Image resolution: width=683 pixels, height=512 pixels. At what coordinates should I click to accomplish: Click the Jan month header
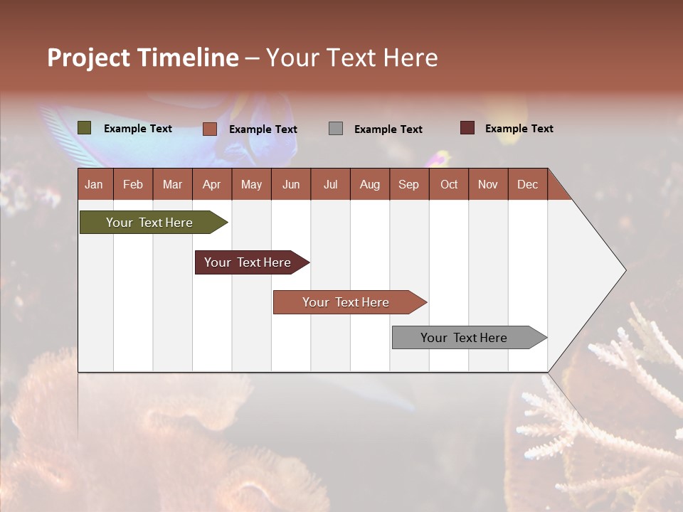pyautogui.click(x=95, y=184)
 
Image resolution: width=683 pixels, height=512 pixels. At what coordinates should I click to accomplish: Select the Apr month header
pyautogui.click(x=212, y=184)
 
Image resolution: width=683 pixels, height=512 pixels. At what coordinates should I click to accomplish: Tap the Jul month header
pyautogui.click(x=330, y=184)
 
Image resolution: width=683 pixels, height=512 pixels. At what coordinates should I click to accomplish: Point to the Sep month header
pyautogui.click(x=409, y=184)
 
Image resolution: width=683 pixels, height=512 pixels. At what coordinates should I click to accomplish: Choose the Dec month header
pyautogui.click(x=527, y=184)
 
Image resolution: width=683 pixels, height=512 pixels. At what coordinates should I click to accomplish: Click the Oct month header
pyautogui.click(x=449, y=184)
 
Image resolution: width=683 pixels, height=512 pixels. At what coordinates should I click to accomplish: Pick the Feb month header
pyautogui.click(x=133, y=184)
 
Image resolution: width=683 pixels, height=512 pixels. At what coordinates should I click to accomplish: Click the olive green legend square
pyautogui.click(x=84, y=128)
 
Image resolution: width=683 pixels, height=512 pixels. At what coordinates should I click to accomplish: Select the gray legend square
pyautogui.click(x=336, y=129)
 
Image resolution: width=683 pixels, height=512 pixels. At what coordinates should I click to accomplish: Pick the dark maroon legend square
pyautogui.click(x=467, y=128)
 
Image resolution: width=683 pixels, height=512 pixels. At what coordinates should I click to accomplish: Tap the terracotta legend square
pyautogui.click(x=210, y=129)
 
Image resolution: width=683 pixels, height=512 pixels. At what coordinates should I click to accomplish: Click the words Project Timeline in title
pyautogui.click(x=143, y=58)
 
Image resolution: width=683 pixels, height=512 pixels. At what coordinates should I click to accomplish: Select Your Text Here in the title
pyautogui.click(x=352, y=58)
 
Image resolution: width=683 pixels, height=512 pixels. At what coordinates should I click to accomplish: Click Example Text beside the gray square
pyautogui.click(x=388, y=129)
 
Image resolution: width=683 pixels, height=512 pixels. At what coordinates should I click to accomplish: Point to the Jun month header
pyautogui.click(x=291, y=184)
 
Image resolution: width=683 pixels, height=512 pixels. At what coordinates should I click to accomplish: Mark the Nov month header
pyautogui.click(x=488, y=184)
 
